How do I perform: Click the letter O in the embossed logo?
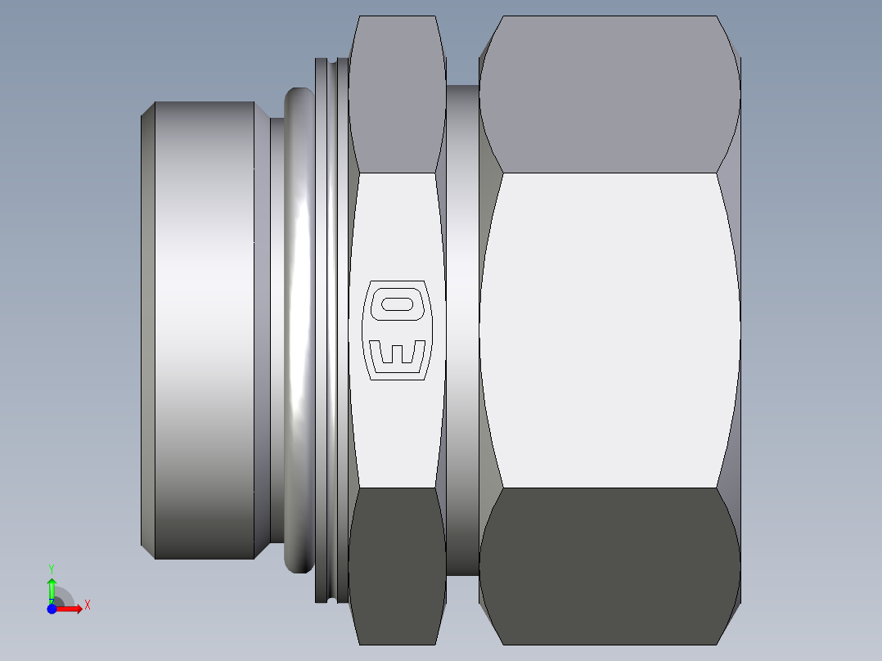click(398, 304)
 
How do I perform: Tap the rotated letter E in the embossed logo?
click(398, 353)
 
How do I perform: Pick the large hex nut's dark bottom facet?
click(610, 564)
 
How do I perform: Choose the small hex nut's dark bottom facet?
click(397, 564)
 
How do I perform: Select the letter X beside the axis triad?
click(87, 605)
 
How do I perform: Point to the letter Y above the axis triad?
click(52, 568)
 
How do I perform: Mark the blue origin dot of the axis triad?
click(52, 608)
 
